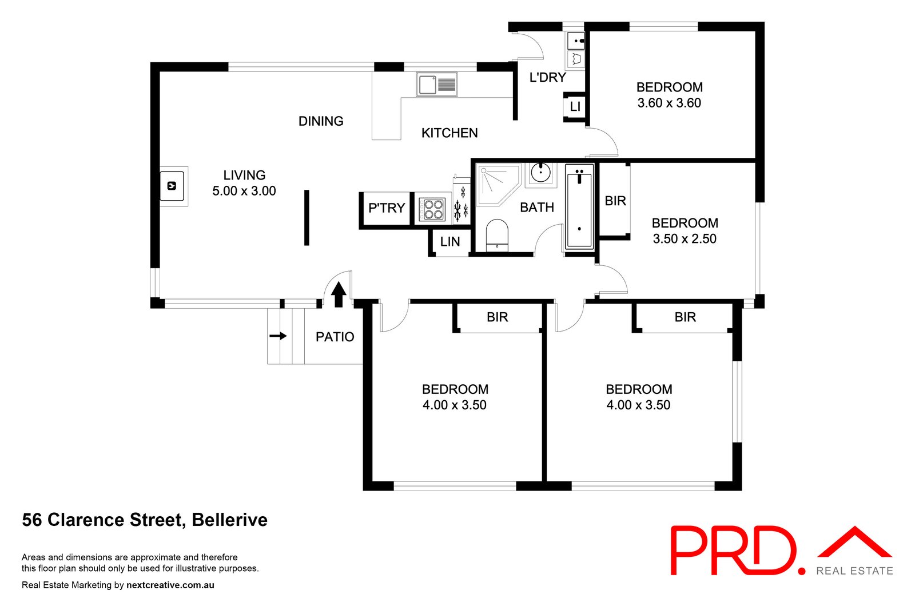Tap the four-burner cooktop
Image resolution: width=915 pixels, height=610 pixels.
[431, 209]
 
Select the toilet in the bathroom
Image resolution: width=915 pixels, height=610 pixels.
[497, 235]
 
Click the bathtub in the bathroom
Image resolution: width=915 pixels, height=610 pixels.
[579, 207]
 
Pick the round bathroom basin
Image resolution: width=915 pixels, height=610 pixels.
[540, 172]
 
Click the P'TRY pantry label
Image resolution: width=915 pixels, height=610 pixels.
[387, 208]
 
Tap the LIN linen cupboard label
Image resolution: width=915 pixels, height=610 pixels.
[450, 242]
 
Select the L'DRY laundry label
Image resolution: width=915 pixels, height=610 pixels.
[547, 77]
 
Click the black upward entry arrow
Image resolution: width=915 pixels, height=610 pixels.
[339, 294]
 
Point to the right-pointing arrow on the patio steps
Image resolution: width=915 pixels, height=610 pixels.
[279, 336]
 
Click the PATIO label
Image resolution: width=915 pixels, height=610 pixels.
[335, 337]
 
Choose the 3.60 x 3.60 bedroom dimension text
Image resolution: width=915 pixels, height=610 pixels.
[669, 103]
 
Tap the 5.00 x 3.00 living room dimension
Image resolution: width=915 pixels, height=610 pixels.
[244, 191]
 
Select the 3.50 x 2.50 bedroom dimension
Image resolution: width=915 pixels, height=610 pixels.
[685, 239]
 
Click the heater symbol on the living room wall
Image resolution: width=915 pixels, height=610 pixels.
[172, 186]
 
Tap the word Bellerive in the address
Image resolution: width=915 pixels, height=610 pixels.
[230, 520]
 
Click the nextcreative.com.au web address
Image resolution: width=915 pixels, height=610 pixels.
[170, 585]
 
